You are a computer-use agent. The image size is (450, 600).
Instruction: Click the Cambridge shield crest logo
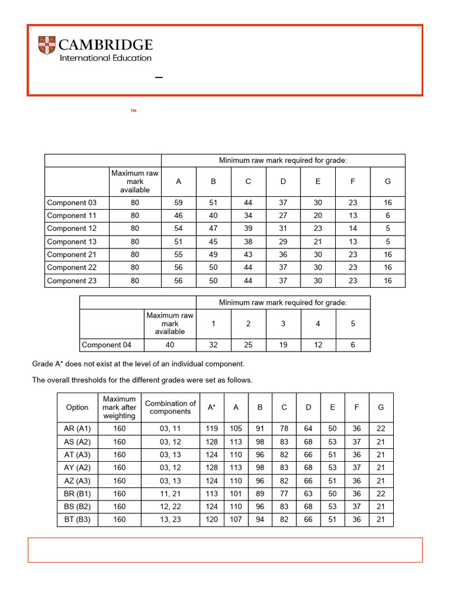pos(47,46)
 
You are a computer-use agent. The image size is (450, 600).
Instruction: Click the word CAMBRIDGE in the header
pos(106,45)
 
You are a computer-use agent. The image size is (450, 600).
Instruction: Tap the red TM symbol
pos(133,110)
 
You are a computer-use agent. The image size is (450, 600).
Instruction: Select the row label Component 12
pos(71,229)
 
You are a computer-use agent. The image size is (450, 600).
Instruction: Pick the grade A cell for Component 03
pos(178,203)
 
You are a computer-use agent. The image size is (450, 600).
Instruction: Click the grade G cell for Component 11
pos(387,216)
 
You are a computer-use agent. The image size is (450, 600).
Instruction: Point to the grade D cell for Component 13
pos(283,241)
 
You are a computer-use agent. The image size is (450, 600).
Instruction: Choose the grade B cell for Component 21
pos(213,254)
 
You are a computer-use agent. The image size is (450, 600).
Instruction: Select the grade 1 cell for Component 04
pos(213,345)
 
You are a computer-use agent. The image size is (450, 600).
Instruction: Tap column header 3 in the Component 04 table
pos(283,323)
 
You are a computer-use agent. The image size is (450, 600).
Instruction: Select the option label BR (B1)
pos(77,493)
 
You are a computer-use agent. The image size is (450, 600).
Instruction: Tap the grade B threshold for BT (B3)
pos(260,519)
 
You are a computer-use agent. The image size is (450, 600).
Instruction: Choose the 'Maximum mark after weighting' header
pos(119,407)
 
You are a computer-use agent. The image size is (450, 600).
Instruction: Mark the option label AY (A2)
pos(77,468)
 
